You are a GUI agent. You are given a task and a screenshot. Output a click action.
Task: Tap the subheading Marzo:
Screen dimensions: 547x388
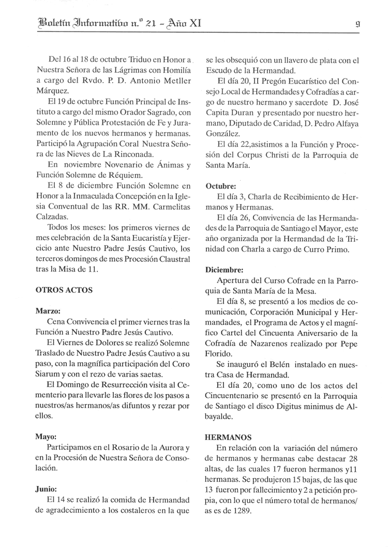(x=48, y=311)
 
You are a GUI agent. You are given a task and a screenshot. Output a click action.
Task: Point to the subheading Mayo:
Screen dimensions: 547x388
(x=46, y=436)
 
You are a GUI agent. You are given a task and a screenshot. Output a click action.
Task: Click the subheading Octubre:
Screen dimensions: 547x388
(x=221, y=185)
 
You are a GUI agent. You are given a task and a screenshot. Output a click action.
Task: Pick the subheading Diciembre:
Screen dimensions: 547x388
(x=225, y=269)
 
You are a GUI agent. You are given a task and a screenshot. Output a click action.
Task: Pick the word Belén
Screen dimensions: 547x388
(x=285, y=364)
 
